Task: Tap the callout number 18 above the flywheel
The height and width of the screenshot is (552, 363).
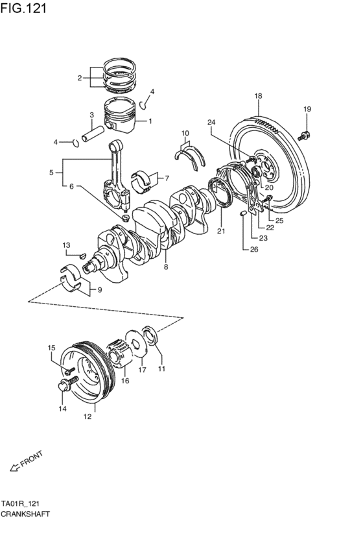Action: (258, 96)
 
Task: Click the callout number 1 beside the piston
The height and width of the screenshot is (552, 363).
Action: (150, 121)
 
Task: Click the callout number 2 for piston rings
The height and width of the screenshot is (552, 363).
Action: (80, 78)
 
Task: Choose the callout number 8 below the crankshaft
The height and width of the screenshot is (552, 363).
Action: (166, 267)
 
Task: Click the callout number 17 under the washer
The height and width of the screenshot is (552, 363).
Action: (142, 370)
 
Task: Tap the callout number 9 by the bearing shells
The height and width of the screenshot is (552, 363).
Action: (99, 290)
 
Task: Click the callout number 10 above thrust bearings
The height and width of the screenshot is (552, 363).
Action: (185, 134)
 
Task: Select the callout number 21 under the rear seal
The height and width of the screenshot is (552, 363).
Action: (220, 230)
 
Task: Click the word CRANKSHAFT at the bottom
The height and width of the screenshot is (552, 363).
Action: (25, 513)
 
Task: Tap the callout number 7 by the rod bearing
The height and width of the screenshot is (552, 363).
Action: (166, 178)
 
